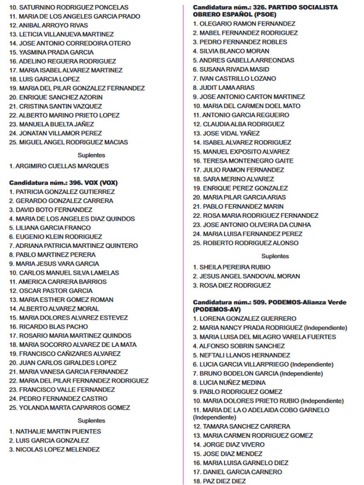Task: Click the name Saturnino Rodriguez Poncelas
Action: coord(69,7)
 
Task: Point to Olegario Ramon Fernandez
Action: coord(244,24)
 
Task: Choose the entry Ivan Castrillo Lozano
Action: coord(235,78)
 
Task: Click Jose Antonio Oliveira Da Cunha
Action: coord(252,225)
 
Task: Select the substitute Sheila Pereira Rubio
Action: coord(232,267)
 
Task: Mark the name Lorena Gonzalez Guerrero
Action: coord(245,318)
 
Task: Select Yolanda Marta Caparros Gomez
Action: coord(70,407)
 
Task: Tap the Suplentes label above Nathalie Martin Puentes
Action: coord(91,420)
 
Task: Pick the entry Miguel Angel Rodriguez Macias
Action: coord(68,142)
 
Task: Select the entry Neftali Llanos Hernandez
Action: coord(241,355)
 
